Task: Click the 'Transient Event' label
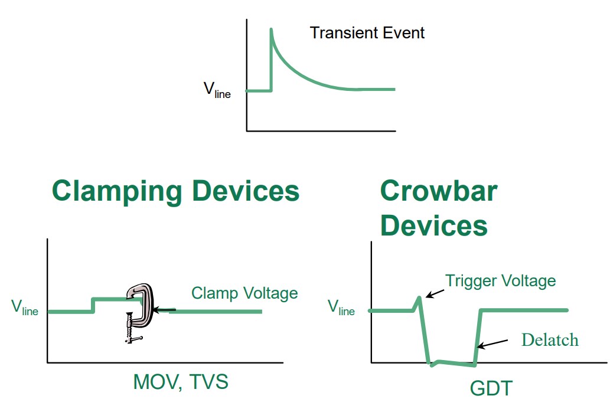[367, 32]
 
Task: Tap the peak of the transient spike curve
[271, 30]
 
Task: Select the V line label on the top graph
[217, 90]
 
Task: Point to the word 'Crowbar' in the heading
[438, 191]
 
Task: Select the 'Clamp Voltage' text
[244, 293]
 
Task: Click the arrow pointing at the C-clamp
[164, 309]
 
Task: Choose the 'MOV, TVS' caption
[181, 382]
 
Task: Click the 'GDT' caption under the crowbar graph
[491, 388]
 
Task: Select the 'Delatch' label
[550, 339]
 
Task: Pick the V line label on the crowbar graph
[341, 307]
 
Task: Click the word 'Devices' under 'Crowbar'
[433, 225]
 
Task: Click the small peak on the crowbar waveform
[419, 298]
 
